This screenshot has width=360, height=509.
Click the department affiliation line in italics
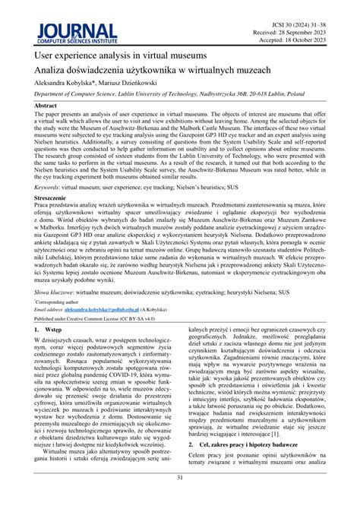179,96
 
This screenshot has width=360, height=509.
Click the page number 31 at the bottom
179,498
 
